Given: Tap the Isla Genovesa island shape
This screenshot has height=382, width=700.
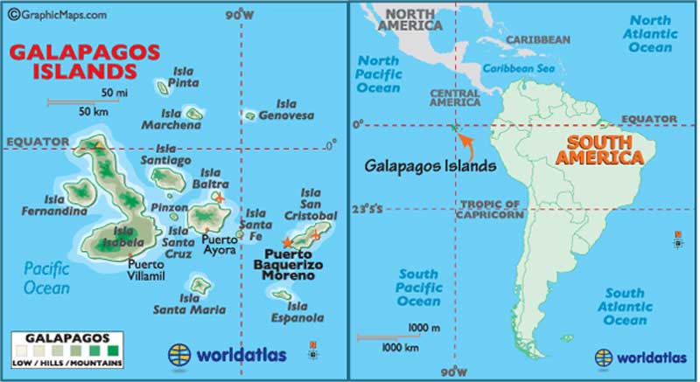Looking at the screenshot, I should (x=250, y=115).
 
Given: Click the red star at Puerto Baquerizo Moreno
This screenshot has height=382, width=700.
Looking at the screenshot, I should (x=287, y=240).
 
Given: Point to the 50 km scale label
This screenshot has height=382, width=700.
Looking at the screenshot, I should (x=94, y=112).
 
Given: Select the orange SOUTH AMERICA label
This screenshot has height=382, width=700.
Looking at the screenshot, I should (x=604, y=149).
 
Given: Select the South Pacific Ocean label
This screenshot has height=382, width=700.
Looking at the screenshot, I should (x=418, y=288).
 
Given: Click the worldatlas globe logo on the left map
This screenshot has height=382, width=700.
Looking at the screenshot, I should (x=180, y=355).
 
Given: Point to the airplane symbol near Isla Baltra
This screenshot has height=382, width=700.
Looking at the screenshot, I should (x=220, y=198).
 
